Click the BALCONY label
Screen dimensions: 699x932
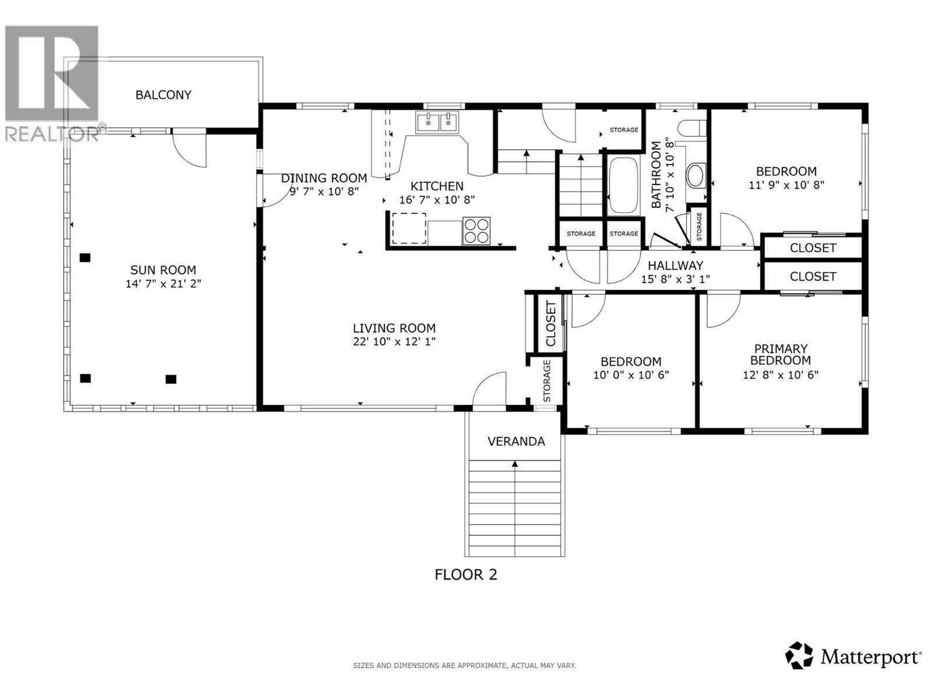point(163,95)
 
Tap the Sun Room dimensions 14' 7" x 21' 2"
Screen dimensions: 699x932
point(163,284)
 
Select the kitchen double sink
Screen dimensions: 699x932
point(437,123)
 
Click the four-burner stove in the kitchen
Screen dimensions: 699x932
point(476,230)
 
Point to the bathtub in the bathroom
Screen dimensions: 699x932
point(623,185)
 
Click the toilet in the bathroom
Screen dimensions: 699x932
point(693,128)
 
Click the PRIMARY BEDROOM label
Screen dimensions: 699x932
point(781,354)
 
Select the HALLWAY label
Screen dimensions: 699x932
point(676,266)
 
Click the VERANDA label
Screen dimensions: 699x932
point(516,442)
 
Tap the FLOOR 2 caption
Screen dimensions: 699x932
point(466,575)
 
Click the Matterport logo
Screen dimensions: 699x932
point(854,656)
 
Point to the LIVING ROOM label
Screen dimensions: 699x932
point(394,329)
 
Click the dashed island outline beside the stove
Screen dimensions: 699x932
point(409,228)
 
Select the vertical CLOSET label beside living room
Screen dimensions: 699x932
point(550,324)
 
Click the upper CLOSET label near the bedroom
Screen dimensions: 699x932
point(813,248)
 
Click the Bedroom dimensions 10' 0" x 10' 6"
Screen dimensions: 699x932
point(631,375)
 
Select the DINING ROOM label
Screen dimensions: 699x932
point(324,178)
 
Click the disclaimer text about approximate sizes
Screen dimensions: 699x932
point(464,665)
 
